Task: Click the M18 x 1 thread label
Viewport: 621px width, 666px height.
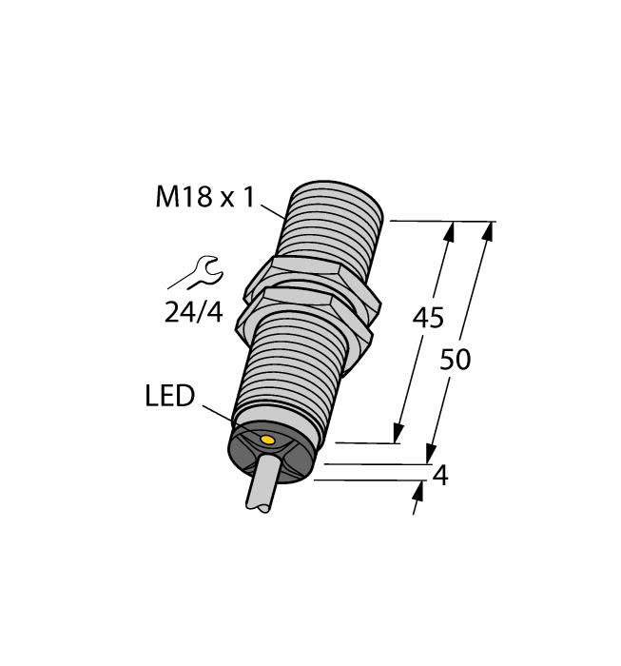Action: (205, 198)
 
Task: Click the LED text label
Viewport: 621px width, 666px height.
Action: (170, 396)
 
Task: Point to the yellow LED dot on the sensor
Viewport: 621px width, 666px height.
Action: (268, 441)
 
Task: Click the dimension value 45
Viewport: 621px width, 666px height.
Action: (427, 318)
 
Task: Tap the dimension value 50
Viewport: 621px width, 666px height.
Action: (456, 360)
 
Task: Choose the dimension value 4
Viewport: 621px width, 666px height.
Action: (439, 475)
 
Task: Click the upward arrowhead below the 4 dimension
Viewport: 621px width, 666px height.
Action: (419, 490)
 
